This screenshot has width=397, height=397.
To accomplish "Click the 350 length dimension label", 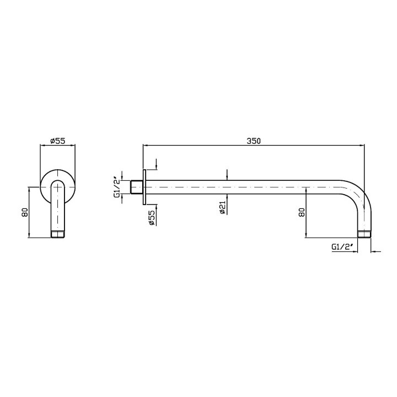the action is (254, 141).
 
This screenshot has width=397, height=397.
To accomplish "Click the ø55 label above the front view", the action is (58, 141).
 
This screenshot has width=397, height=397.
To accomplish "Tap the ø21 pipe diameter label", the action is (222, 208).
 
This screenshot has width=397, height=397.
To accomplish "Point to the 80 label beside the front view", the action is (25, 212).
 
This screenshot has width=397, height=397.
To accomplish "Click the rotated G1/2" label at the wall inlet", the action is (117, 187).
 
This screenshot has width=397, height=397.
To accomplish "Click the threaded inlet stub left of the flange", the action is (137, 187).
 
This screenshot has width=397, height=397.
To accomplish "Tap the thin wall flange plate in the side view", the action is (144, 187).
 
